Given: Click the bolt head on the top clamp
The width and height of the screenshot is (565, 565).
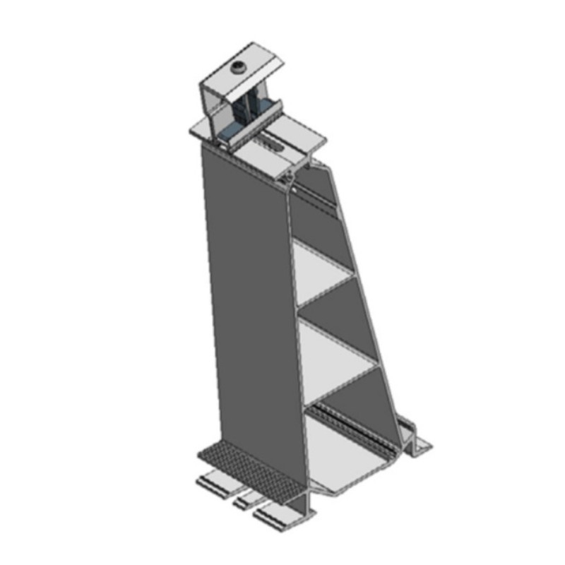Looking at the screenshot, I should coord(239,69).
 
